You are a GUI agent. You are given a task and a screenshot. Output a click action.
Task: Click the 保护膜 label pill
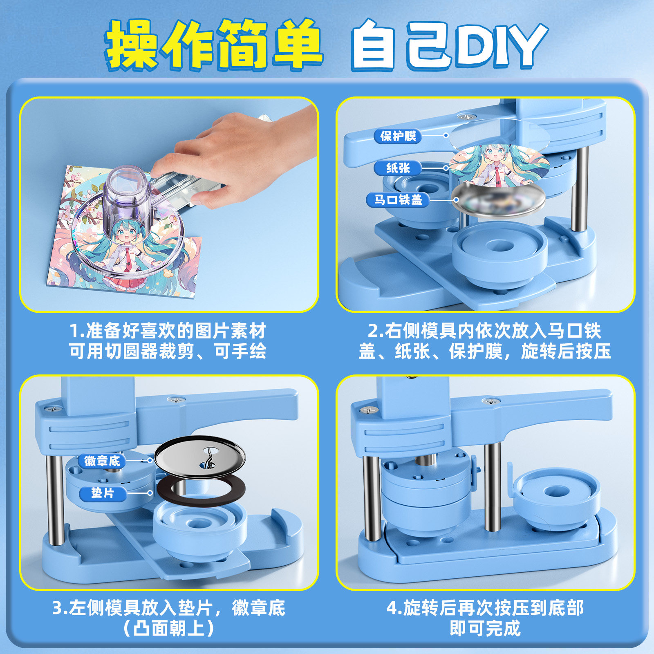coord(398,136)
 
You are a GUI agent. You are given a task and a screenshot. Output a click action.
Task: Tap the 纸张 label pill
coord(398,168)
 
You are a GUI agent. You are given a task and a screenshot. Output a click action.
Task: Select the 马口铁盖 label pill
coord(398,199)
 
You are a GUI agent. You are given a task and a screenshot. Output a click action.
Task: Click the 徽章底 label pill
coord(102,461)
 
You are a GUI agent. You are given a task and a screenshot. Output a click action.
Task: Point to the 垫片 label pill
coord(102,493)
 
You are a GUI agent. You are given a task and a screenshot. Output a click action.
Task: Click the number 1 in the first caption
coord(74,331)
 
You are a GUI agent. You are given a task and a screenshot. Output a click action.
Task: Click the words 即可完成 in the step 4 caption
coord(485,628)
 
